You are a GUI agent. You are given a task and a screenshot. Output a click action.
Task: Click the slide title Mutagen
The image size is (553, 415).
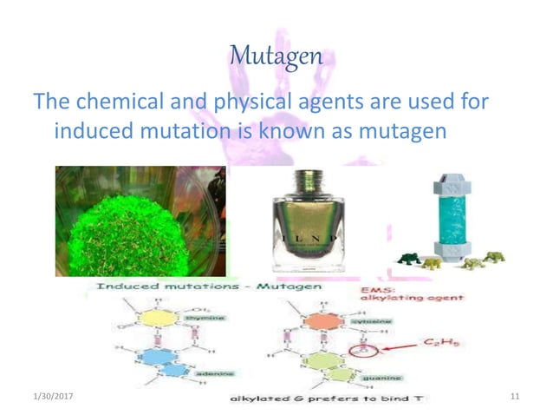tap(276, 57)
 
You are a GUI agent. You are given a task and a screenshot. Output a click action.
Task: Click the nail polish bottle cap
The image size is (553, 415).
tap(308, 187)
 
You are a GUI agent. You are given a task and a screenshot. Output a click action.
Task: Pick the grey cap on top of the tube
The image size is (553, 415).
tap(451, 182)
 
